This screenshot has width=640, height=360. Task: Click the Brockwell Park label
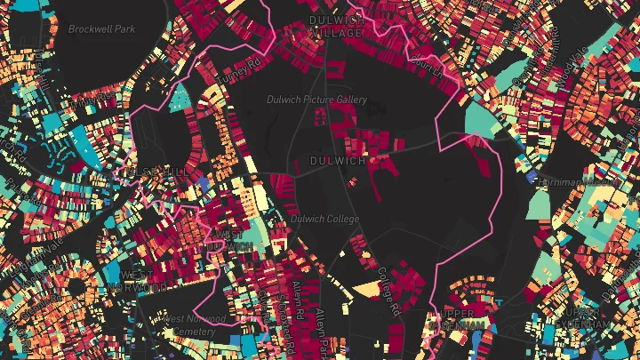pyautogui.click(x=101, y=28)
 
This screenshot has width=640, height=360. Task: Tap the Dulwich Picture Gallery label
pyautogui.click(x=316, y=100)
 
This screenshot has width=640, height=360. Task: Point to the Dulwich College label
pyautogui.click(x=324, y=219)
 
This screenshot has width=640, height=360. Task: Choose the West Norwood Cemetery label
pyautogui.click(x=189, y=325)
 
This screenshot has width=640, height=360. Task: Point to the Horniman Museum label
pyautogui.click(x=578, y=182)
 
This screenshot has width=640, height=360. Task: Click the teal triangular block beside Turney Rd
pyautogui.click(x=179, y=99)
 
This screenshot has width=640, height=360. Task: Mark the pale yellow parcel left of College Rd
pyautogui.click(x=366, y=288)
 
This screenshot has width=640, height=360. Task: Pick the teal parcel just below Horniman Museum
pyautogui.click(x=540, y=204)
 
